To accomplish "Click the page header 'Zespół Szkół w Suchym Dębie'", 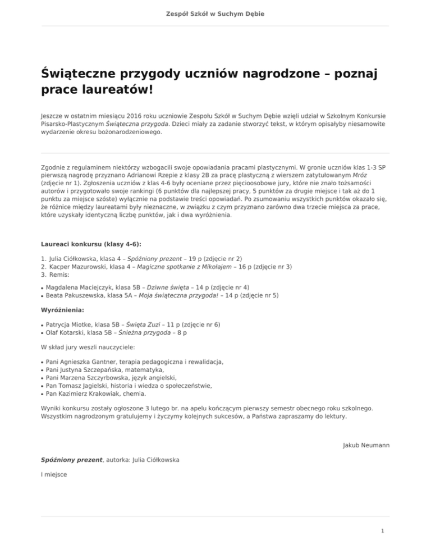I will [215, 13].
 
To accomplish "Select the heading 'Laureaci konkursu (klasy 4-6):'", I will [91, 244].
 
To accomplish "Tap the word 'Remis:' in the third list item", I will [59, 276].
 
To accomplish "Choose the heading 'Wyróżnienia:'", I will [62, 310].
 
